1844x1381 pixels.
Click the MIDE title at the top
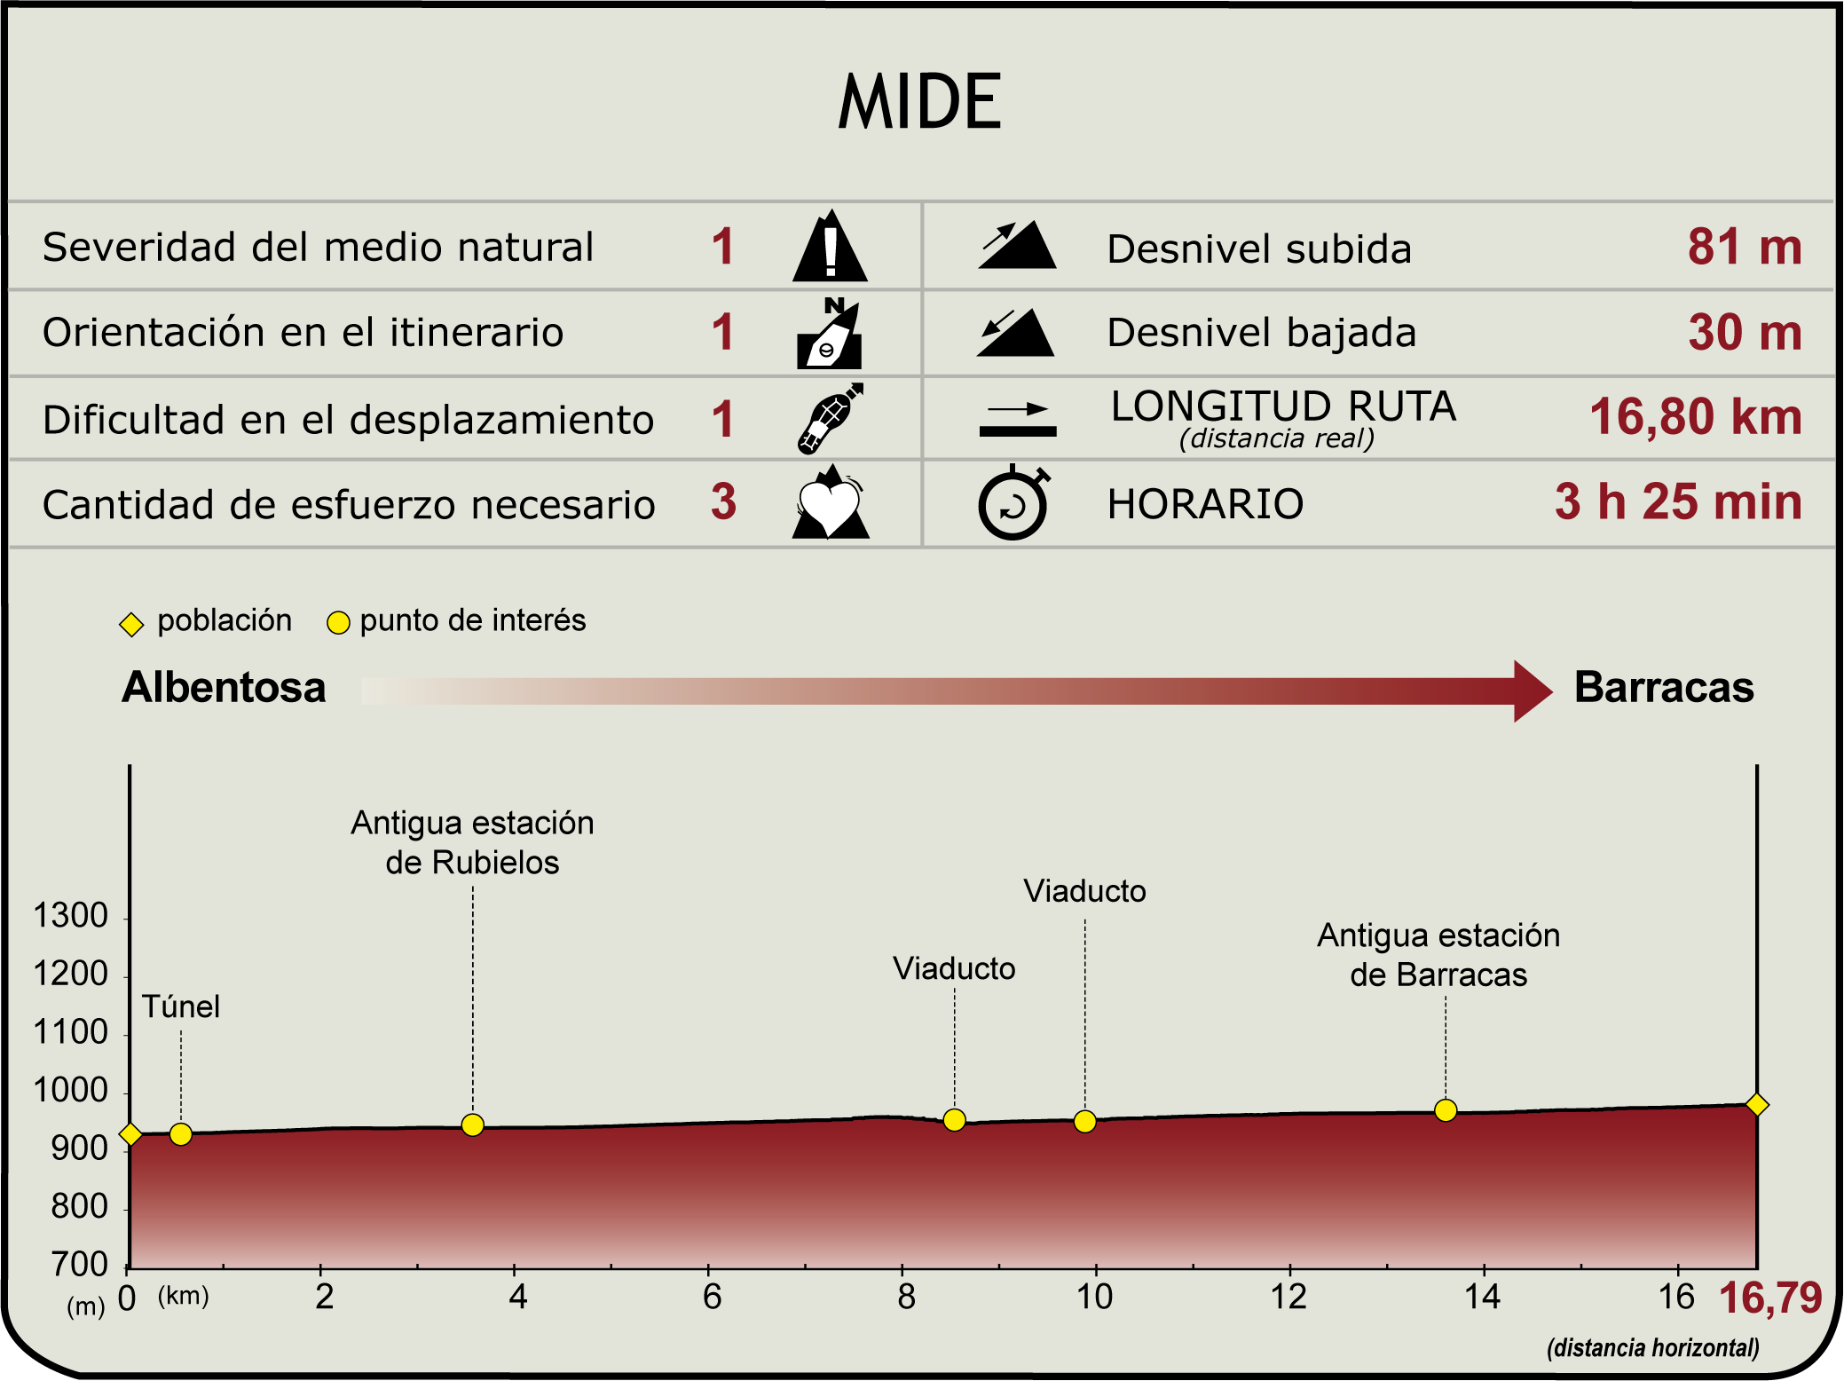[x=920, y=101]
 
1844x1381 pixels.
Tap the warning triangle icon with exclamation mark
[x=830, y=246]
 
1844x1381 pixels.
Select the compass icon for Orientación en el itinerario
[x=830, y=333]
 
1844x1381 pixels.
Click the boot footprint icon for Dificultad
[x=830, y=418]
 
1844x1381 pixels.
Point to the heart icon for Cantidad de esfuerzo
[x=830, y=501]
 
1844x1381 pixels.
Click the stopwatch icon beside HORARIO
[x=1014, y=502]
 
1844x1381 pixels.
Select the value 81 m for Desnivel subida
[x=1745, y=247]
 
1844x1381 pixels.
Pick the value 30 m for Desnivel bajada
[x=1745, y=332]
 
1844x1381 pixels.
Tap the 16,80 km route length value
[x=1696, y=416]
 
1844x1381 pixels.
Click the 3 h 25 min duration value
[x=1678, y=501]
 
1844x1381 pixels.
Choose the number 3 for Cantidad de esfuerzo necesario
[x=724, y=501]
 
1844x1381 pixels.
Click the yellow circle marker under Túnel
[x=181, y=1134]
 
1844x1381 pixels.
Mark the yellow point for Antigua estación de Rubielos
[x=473, y=1125]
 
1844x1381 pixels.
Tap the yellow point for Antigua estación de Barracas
[x=1446, y=1110]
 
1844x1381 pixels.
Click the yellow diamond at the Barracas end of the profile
[x=1757, y=1105]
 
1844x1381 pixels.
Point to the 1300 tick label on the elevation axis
[x=70, y=916]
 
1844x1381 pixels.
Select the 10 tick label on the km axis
[x=1094, y=1298]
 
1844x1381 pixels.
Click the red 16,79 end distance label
[x=1770, y=1298]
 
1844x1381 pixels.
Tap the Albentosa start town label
[x=225, y=688]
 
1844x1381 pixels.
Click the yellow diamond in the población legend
[x=131, y=625]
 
